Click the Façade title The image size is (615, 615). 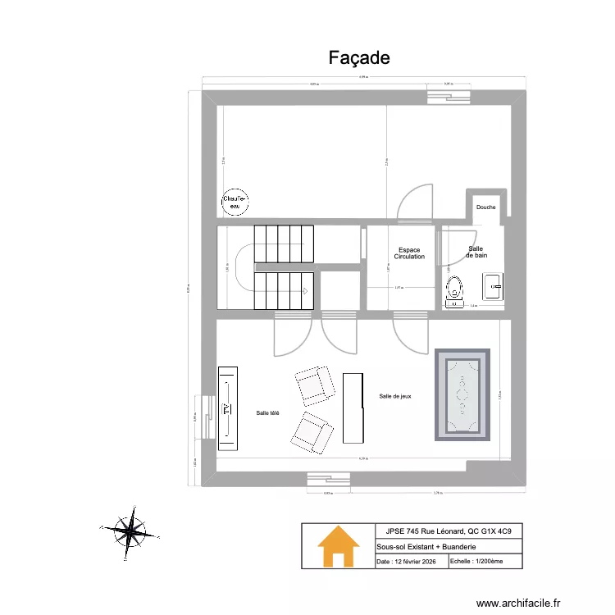358,57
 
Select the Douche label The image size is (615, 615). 485,207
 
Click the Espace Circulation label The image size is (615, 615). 409,253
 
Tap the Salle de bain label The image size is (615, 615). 476,252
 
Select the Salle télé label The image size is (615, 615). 267,412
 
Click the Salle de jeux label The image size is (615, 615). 395,396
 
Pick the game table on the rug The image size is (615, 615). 462,394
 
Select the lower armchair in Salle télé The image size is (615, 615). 311,431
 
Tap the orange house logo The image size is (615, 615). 338,546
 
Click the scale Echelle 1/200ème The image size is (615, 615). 476,563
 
